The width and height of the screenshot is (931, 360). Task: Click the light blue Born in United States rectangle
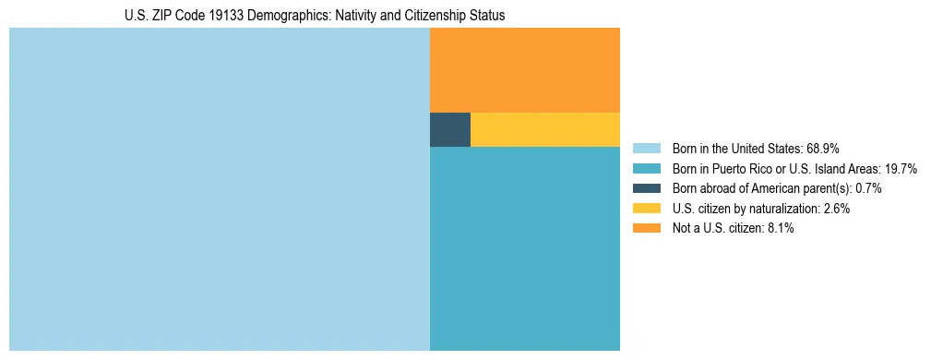pyautogui.click(x=220, y=189)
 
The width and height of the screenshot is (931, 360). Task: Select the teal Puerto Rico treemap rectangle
pyautogui.click(x=524, y=248)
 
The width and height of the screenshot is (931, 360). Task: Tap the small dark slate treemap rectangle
pyautogui.click(x=450, y=129)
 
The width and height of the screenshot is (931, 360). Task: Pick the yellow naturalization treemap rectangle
pyautogui.click(x=544, y=129)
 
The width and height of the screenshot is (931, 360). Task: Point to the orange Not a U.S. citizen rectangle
pyautogui.click(x=524, y=70)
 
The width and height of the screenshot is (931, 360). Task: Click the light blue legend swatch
pyautogui.click(x=647, y=149)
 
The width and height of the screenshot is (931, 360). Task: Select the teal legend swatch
pyautogui.click(x=647, y=169)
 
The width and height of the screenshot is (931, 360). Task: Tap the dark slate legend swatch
pyautogui.click(x=647, y=188)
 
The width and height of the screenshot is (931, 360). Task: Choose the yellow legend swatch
pyautogui.click(x=647, y=209)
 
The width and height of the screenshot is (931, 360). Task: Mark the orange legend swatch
pyautogui.click(x=647, y=228)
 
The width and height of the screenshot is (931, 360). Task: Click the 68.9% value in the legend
pyautogui.click(x=822, y=149)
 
